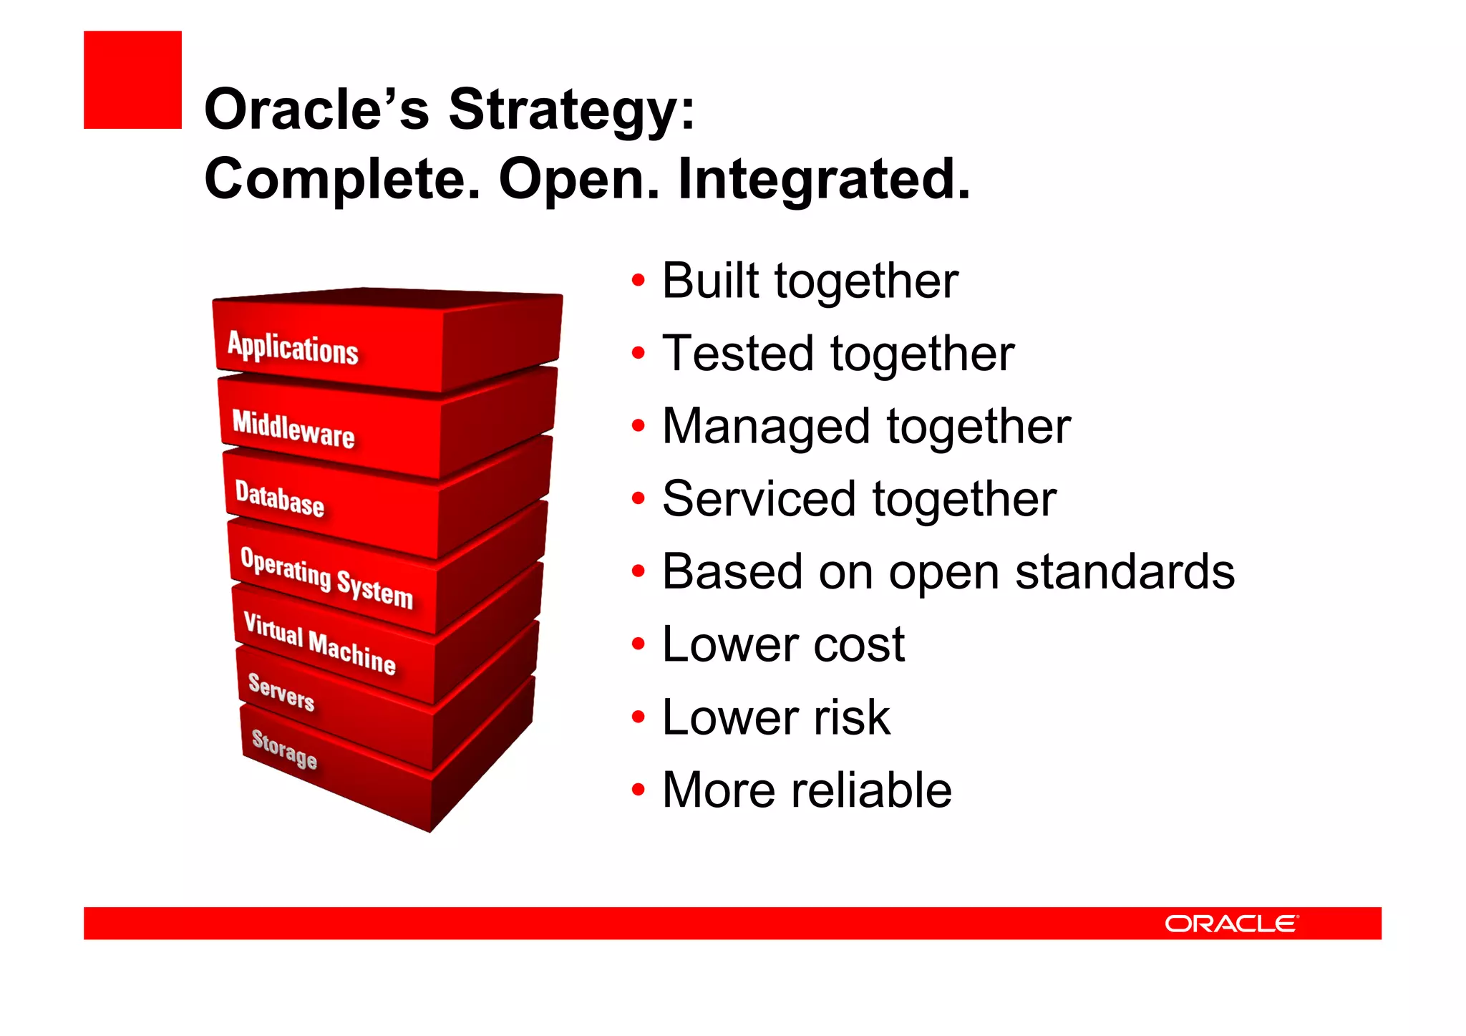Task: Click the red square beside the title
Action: (x=132, y=79)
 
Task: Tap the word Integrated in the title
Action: (x=823, y=179)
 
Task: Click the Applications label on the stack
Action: (x=293, y=349)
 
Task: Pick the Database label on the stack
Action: (x=280, y=498)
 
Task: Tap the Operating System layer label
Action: (x=326, y=577)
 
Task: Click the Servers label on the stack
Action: (x=281, y=692)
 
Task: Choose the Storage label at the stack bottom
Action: (x=284, y=749)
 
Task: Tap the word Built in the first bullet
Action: (x=709, y=281)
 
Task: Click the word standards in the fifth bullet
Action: (x=1125, y=572)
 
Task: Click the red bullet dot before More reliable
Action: (x=639, y=790)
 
